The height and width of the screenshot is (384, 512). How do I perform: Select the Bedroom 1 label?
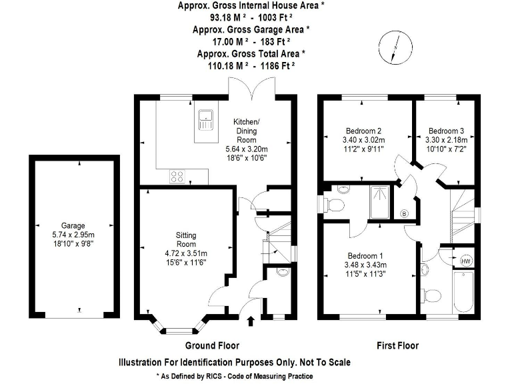[365, 255]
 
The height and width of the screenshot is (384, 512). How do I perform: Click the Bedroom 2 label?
[363, 130]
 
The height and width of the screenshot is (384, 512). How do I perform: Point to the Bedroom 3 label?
[446, 130]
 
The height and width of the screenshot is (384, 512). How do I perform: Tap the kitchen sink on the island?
[206, 122]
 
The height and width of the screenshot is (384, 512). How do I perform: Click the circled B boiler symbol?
[404, 213]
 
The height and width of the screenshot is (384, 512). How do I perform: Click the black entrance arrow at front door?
[251, 323]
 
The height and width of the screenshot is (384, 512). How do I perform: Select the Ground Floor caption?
[211, 345]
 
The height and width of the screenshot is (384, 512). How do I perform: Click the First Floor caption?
[397, 345]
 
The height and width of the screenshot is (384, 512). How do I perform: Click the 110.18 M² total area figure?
[228, 65]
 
